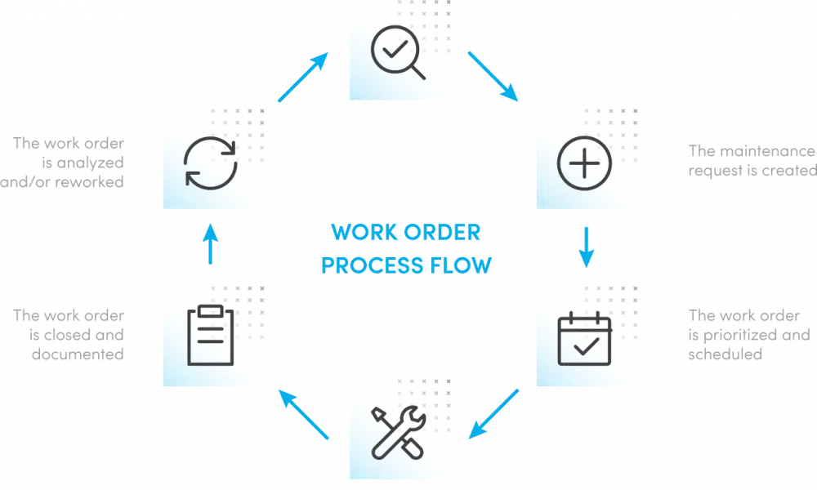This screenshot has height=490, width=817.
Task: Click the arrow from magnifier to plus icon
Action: click(x=493, y=77)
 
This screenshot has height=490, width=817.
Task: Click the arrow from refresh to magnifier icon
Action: click(x=302, y=78)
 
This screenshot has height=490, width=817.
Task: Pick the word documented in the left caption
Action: click(x=78, y=355)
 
